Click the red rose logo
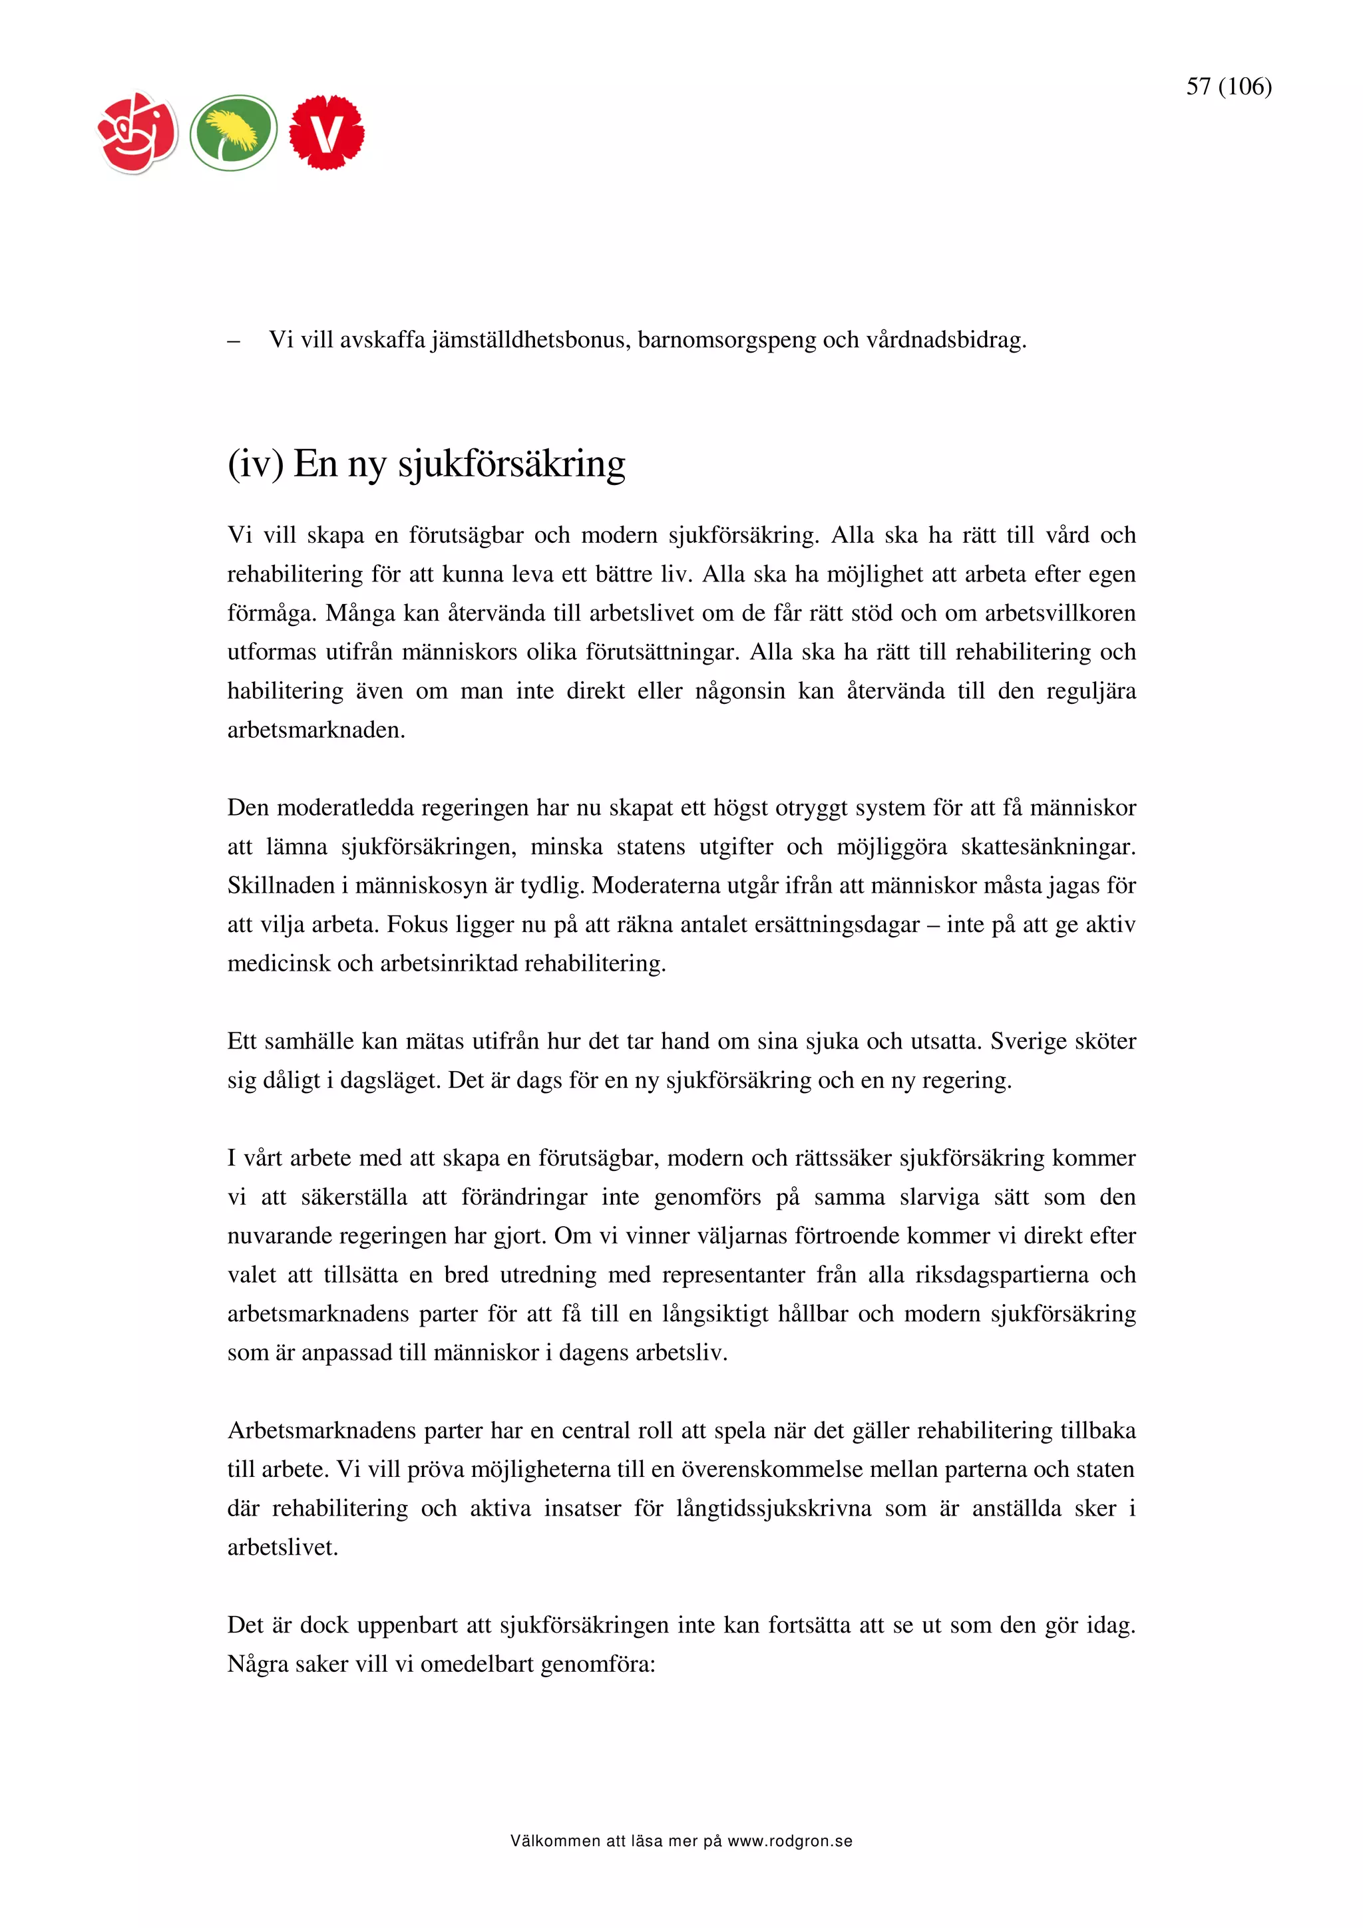(138, 132)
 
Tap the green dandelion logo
(234, 132)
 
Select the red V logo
(327, 132)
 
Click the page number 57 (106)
(1228, 86)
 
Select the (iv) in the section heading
(256, 464)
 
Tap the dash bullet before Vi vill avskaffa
(234, 341)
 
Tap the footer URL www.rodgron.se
(789, 1842)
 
